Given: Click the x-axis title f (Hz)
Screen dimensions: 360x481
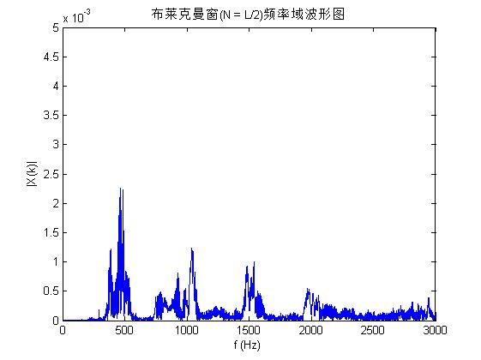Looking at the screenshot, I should (249, 345).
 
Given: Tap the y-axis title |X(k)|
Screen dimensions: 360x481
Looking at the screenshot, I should (31, 174).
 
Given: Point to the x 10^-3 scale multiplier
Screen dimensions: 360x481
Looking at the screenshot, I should (82, 17).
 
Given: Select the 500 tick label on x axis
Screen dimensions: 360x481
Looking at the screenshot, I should (124, 331).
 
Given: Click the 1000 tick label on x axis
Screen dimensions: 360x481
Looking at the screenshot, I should (186, 331).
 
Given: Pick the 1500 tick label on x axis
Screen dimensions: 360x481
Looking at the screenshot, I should (249, 331).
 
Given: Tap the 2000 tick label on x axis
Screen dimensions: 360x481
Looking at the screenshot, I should (310, 331).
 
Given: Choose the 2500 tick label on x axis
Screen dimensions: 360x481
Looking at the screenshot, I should (373, 331).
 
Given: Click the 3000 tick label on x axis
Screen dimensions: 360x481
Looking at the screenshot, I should (435, 331).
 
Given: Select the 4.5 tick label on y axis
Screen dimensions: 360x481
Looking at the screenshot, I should (51, 57).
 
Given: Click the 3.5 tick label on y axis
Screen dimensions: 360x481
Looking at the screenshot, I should (51, 116).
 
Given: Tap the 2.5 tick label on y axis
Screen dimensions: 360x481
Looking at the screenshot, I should (51, 174).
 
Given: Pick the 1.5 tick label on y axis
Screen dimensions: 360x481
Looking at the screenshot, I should (51, 232).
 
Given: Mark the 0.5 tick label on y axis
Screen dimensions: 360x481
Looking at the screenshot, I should (51, 291).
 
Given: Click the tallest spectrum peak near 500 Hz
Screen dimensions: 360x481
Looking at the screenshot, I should (121, 189).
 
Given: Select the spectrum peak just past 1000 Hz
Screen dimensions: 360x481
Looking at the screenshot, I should (191, 249).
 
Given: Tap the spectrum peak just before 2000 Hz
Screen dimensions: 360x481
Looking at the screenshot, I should (308, 291).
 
